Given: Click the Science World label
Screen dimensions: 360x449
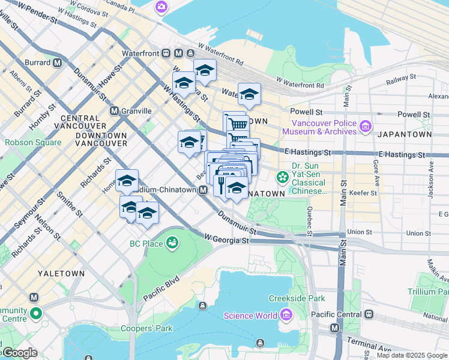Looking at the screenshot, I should tap(250, 316).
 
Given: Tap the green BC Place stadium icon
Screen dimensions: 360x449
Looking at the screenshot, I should tap(173, 243).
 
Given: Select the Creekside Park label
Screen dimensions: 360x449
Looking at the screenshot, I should tap(304, 298).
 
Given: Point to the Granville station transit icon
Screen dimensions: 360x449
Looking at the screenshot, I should tap(114, 110).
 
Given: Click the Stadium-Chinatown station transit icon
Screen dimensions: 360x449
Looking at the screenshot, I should tap(203, 190).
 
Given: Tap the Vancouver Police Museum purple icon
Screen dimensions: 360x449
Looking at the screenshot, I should tap(366, 127).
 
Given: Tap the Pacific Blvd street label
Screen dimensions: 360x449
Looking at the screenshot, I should tap(161, 288).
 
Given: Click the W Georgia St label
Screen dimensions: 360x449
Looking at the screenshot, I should tap(226, 239).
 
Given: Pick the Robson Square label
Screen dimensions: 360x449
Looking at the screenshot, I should tap(33, 143).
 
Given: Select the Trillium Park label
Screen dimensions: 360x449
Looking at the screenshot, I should tap(429, 292).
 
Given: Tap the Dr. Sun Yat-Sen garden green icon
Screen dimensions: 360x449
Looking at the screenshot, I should tap(282, 177).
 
